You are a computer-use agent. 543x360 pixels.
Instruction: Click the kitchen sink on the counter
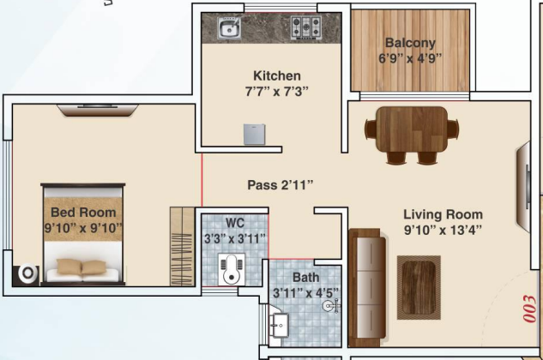[x=229, y=30]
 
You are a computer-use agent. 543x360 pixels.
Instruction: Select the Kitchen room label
[x=276, y=75]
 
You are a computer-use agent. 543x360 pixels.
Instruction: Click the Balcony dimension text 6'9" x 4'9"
[x=410, y=59]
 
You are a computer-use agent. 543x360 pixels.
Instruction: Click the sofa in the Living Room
[x=367, y=284]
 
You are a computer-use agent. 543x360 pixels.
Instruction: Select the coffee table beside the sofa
[x=420, y=283]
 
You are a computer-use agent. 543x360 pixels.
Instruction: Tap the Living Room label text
[x=443, y=214]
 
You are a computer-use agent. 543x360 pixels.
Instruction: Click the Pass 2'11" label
[x=281, y=184]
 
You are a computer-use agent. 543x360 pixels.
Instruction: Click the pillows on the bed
[x=83, y=267]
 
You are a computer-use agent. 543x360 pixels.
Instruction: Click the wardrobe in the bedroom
[x=181, y=245]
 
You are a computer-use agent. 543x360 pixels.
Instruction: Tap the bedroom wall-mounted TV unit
[x=97, y=109]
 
